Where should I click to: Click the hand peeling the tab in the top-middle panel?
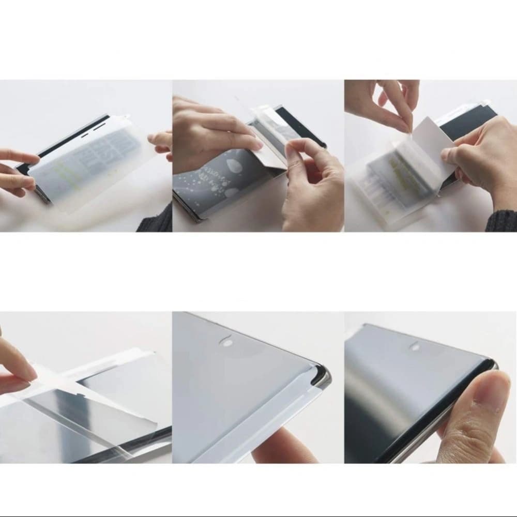pos(310,181)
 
